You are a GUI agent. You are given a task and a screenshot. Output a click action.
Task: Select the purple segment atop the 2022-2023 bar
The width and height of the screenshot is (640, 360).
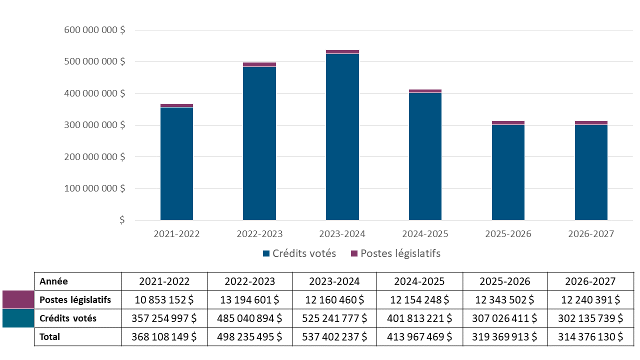[259, 64]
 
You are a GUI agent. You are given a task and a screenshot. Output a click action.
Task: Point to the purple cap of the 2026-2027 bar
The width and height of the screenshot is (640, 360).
[591, 122]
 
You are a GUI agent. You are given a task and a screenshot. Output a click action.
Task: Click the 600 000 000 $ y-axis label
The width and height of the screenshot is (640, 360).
[94, 30]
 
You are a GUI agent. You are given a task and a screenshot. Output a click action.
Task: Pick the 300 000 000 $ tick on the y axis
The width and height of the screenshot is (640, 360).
[94, 125]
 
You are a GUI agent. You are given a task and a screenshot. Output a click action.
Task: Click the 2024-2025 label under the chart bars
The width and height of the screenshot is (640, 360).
[425, 234]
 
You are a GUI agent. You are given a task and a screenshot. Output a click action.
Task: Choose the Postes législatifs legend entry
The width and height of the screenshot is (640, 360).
[395, 253]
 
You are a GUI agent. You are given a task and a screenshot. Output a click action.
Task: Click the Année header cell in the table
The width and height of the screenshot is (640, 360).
[54, 281]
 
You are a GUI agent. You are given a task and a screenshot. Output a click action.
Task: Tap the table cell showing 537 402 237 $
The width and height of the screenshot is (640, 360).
[334, 337]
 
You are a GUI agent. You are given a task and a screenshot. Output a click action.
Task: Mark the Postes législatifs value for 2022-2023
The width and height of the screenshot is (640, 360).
[249, 300]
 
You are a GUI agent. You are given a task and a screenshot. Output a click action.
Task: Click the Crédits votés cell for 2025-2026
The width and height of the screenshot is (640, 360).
[505, 318]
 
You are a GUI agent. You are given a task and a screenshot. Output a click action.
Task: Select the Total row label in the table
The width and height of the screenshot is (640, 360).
[50, 337]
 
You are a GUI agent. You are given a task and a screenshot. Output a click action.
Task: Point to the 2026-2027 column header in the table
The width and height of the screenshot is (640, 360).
[590, 281]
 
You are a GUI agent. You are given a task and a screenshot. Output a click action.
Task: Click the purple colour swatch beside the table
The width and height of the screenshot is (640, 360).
[18, 300]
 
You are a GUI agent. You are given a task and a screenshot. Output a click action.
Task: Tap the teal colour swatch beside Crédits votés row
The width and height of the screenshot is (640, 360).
[18, 318]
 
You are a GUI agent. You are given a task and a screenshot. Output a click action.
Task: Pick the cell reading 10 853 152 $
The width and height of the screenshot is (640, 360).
[164, 300]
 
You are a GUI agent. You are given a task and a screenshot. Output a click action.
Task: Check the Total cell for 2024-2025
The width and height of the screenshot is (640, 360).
[419, 337]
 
